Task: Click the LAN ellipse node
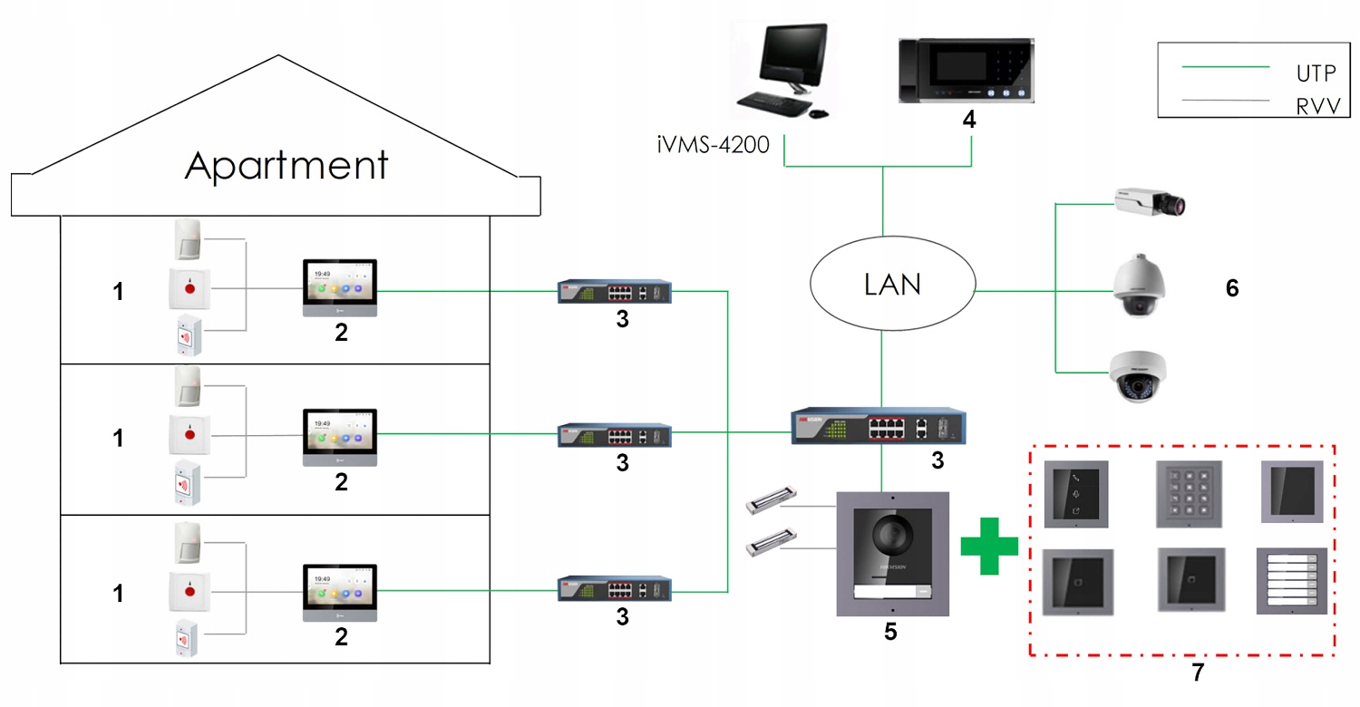892,286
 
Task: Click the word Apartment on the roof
287,166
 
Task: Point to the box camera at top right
1147,203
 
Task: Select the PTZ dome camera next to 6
1139,286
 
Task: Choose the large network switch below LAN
879,426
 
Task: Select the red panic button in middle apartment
190,435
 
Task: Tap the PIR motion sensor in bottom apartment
188,541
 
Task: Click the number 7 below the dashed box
1198,673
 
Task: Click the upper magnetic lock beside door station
770,501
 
